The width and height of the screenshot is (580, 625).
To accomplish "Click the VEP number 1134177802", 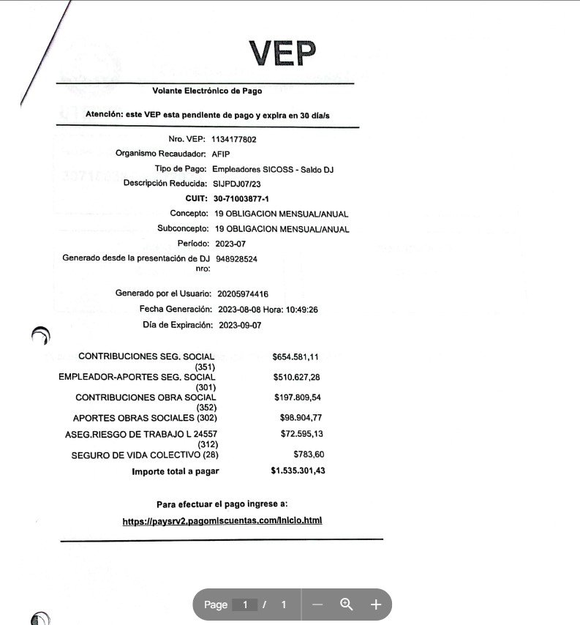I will pos(233,139).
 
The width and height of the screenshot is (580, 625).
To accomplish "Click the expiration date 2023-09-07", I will pos(240,325).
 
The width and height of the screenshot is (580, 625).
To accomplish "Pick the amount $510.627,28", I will pos(296,378).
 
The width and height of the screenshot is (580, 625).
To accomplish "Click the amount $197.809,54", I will pos(296,398).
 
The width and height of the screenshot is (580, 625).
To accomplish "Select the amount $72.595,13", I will pos(301,434).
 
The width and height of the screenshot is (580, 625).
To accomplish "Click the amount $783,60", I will pos(308,454).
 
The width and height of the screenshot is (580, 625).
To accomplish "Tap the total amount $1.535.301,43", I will pos(298,471).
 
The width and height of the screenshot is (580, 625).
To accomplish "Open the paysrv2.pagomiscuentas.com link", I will pos(222,521).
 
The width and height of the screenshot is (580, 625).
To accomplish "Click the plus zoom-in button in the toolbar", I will pos(376,605).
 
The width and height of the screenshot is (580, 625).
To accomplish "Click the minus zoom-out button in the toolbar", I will pos(317,605).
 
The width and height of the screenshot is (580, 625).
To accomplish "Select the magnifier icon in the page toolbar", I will pos(347,605).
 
